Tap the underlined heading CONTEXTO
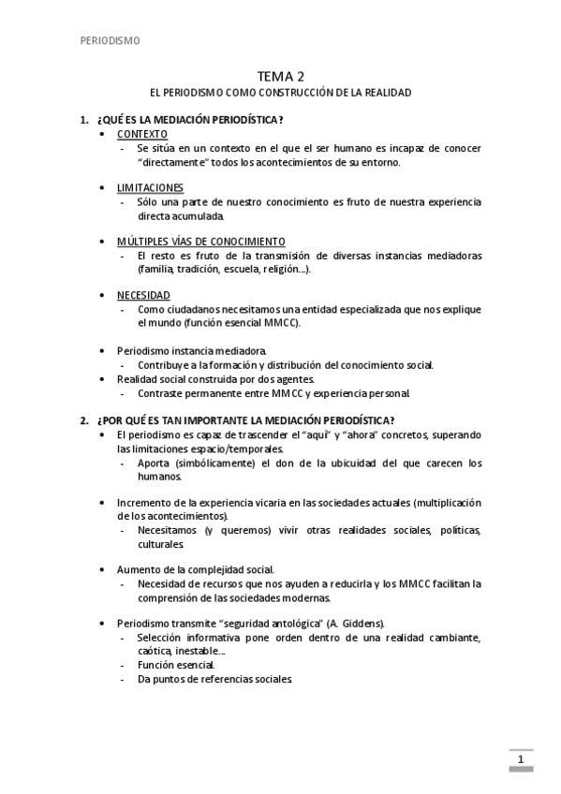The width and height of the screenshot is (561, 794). pyautogui.click(x=142, y=135)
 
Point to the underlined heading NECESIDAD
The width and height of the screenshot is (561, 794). pyautogui.click(x=143, y=295)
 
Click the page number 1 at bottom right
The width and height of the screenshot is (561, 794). pyautogui.click(x=520, y=759)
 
